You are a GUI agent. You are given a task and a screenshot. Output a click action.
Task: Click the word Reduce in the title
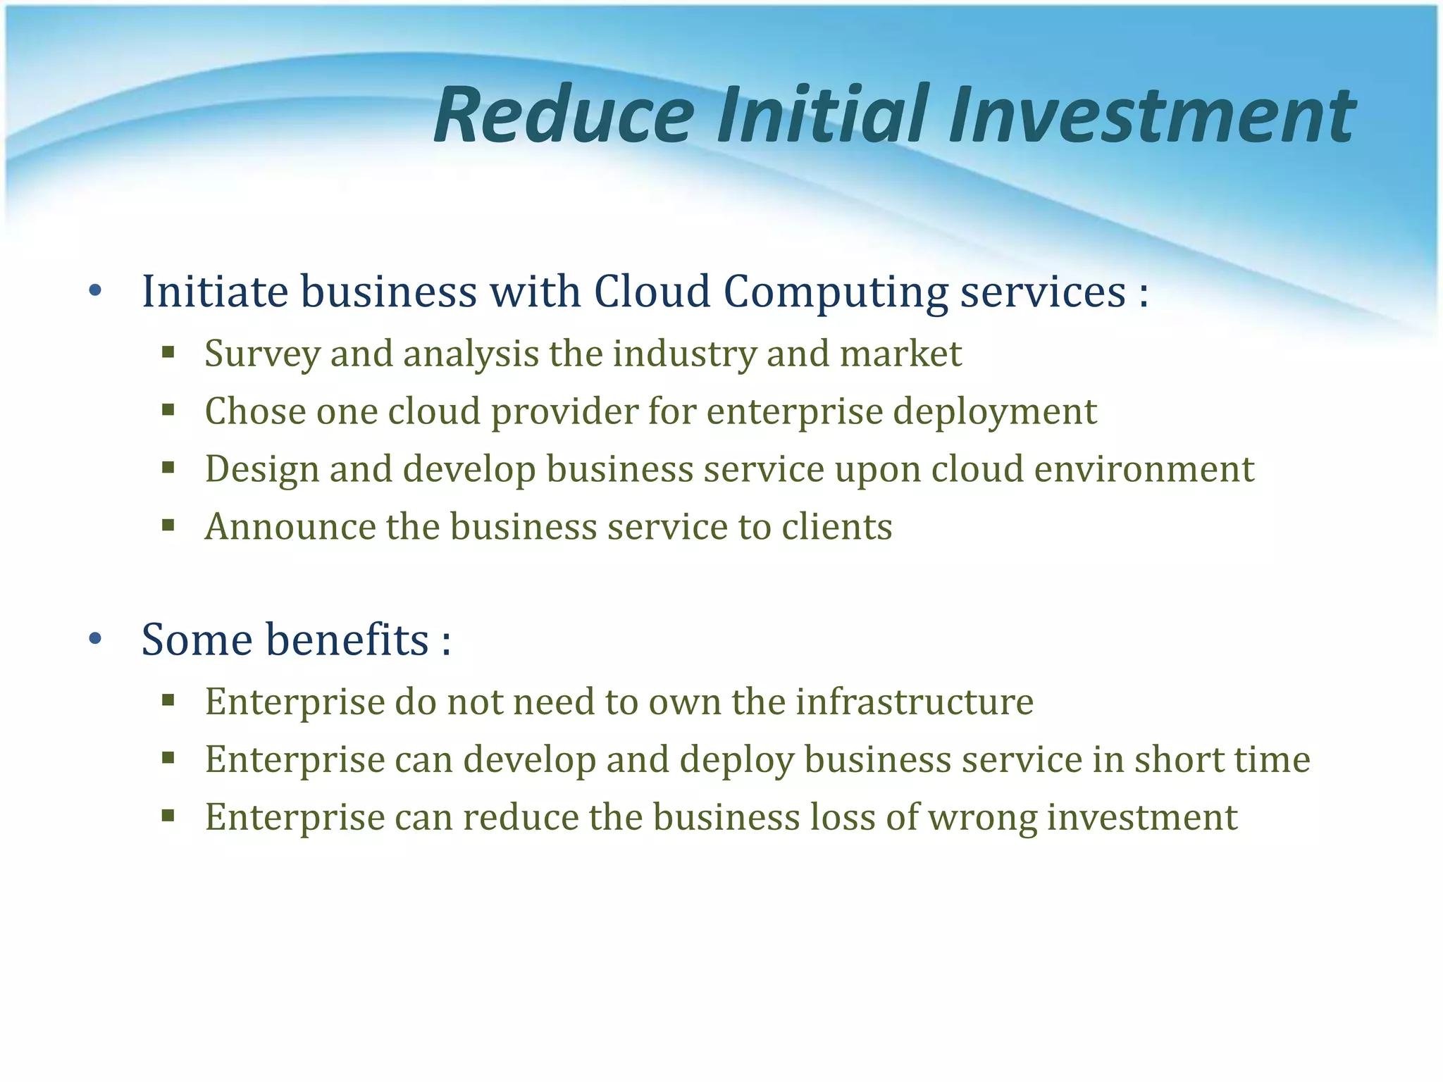(564, 115)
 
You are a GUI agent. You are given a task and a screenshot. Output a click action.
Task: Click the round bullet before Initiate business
(95, 291)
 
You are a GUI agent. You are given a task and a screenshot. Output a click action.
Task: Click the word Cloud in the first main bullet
(652, 291)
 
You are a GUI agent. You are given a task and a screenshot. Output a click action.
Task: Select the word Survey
(262, 354)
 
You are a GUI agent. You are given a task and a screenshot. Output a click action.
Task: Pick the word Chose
(255, 411)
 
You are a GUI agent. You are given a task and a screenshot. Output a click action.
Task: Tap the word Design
(261, 470)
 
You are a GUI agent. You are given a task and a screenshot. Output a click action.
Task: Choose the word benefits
(347, 640)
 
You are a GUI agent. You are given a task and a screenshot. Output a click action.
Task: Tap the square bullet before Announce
(168, 525)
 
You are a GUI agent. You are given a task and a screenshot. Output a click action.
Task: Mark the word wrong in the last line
(981, 818)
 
